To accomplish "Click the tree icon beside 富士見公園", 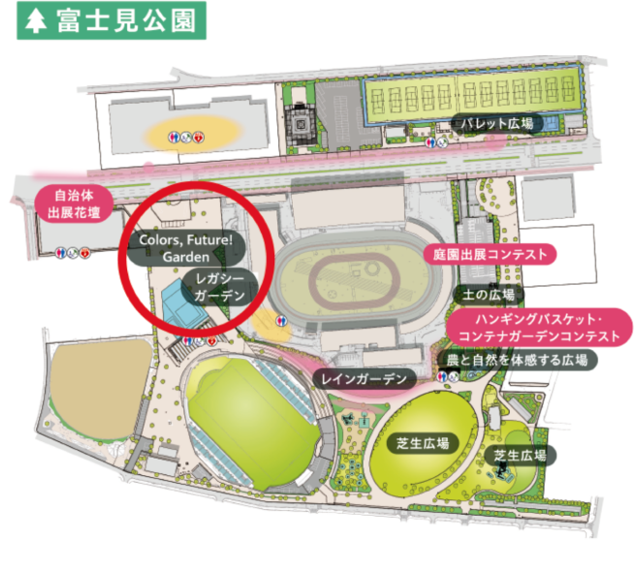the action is (x=37, y=20).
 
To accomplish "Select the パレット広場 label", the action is (x=496, y=124).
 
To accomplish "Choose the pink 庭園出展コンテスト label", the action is (x=490, y=254).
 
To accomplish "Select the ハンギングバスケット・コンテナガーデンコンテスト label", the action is (x=540, y=327).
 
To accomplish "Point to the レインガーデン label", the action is (x=365, y=378).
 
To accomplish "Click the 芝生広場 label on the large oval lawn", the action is (x=423, y=443).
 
